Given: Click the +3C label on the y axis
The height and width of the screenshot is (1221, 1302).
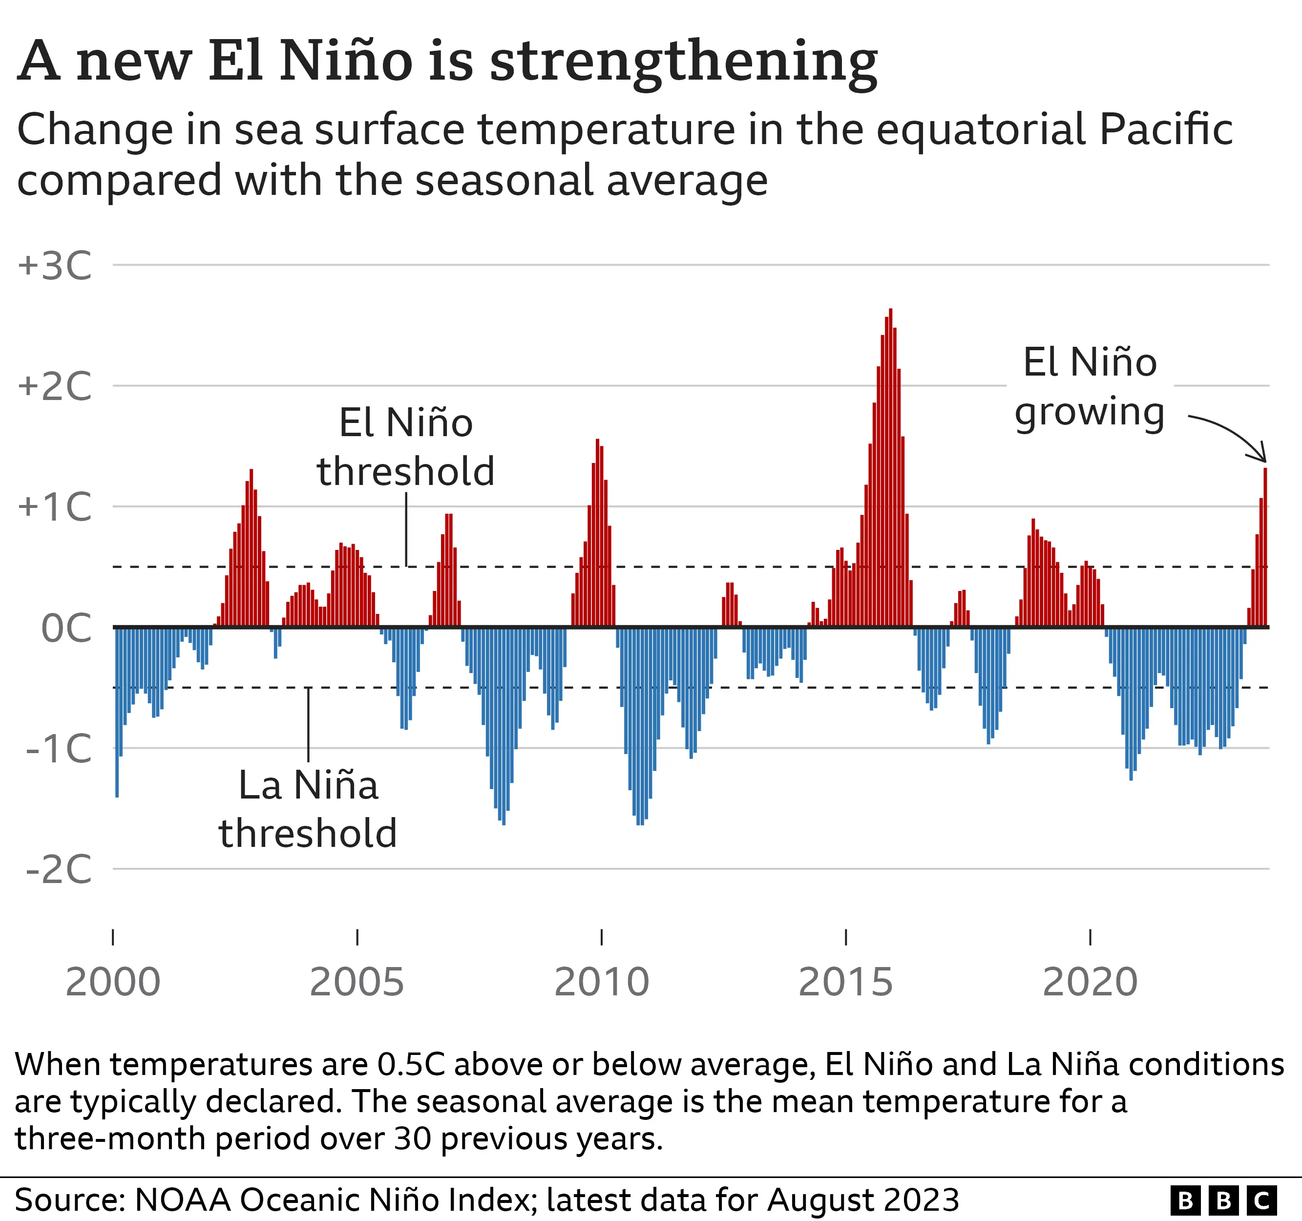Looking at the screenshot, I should pyautogui.click(x=55, y=267).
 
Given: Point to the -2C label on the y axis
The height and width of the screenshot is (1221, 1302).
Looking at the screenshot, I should pyautogui.click(x=59, y=870).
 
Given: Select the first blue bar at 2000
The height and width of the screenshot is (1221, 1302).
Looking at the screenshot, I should pyautogui.click(x=117, y=711).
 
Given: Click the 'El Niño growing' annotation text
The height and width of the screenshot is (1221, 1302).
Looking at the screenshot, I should pyautogui.click(x=1090, y=388).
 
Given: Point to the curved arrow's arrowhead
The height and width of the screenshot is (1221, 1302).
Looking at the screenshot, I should pyautogui.click(x=1263, y=458).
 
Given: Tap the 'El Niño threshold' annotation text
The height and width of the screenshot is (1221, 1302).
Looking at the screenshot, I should pyautogui.click(x=405, y=447).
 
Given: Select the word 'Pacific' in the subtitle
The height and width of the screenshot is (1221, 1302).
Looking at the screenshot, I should pyautogui.click(x=1166, y=130).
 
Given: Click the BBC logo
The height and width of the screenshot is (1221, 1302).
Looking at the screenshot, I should pyautogui.click(x=1223, y=1200).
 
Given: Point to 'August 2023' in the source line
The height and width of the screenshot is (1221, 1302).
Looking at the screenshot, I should pyautogui.click(x=862, y=1200).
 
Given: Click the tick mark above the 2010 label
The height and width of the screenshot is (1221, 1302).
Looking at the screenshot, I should pyautogui.click(x=601, y=937).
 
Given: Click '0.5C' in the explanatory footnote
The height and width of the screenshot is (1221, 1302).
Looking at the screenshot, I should pyautogui.click(x=411, y=1064).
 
